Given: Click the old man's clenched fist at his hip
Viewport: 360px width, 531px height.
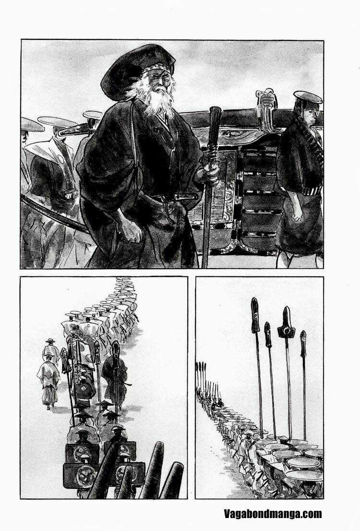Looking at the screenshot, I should (x=130, y=230).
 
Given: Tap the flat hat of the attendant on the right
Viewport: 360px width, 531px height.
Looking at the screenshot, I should (x=308, y=97).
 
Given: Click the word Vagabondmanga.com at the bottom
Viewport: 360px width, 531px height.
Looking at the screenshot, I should (x=273, y=514).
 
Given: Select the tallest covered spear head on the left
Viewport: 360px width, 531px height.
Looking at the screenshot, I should (x=255, y=314).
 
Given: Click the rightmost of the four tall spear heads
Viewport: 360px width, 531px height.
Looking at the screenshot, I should (x=303, y=343).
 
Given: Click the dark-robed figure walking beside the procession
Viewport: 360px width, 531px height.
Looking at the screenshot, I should (x=115, y=374).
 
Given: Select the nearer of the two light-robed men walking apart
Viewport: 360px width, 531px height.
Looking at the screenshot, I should (x=49, y=379).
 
